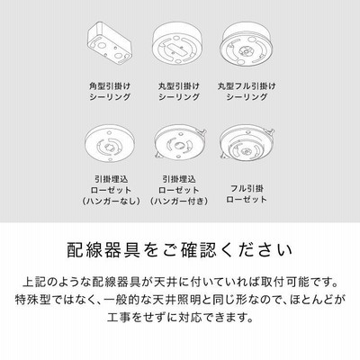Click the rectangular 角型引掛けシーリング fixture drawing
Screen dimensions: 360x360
pos(110,43)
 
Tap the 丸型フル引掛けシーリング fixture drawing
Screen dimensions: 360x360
pos(247,44)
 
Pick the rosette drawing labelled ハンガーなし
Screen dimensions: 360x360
pos(110,143)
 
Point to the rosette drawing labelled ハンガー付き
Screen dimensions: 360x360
pos(179,142)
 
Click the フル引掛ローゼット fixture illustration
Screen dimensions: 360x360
pos(247,143)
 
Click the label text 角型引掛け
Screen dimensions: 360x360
pos(110,86)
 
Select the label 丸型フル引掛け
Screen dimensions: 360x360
pos(247,86)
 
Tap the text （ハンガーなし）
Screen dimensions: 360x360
pos(111,201)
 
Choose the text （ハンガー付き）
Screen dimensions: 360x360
pos(179,201)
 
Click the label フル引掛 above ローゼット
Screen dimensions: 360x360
pos(247,189)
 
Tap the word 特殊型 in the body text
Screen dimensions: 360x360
pos(32,300)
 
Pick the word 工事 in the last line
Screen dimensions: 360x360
pos(119,317)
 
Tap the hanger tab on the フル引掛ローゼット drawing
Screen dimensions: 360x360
pos(271,131)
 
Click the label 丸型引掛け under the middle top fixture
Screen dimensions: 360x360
pos(179,86)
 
